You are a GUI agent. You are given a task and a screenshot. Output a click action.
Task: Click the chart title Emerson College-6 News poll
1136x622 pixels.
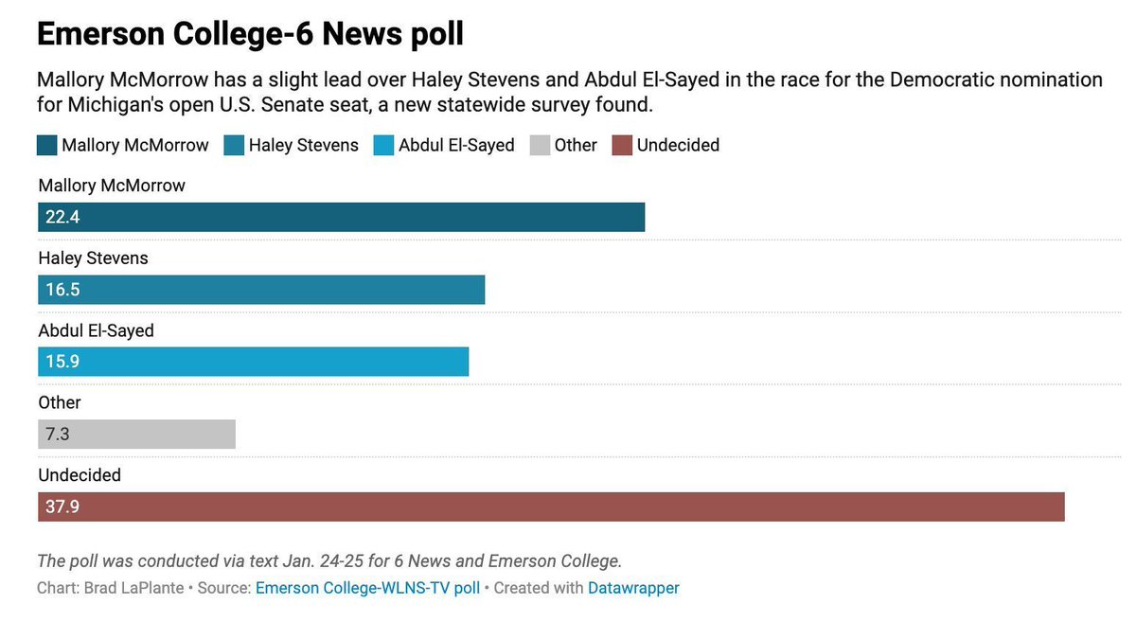click(250, 34)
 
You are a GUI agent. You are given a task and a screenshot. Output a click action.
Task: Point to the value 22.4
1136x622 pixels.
click(62, 218)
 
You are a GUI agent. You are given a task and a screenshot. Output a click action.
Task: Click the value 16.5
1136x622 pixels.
click(62, 290)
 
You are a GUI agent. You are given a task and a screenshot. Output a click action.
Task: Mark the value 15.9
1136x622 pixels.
click(62, 362)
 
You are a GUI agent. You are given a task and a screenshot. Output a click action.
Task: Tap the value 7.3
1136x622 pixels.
click(58, 435)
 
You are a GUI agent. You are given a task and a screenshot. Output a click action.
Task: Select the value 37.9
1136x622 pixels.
click(62, 506)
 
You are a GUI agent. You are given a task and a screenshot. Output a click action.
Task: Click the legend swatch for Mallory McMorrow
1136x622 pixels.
click(47, 145)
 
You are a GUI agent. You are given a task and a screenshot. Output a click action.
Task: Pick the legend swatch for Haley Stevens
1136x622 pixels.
click(234, 145)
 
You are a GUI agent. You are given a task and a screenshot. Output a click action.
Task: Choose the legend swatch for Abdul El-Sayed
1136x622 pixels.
click(384, 145)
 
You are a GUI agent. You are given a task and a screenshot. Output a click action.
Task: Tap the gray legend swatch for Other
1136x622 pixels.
click(540, 145)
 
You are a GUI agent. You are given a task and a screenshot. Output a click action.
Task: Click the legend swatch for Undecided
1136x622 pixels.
click(622, 145)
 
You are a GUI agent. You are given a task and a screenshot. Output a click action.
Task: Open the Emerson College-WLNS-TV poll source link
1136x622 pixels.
click(367, 588)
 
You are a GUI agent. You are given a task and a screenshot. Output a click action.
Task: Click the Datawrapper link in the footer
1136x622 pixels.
click(633, 588)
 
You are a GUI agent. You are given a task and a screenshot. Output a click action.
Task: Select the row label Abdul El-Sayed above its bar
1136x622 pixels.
click(96, 330)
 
